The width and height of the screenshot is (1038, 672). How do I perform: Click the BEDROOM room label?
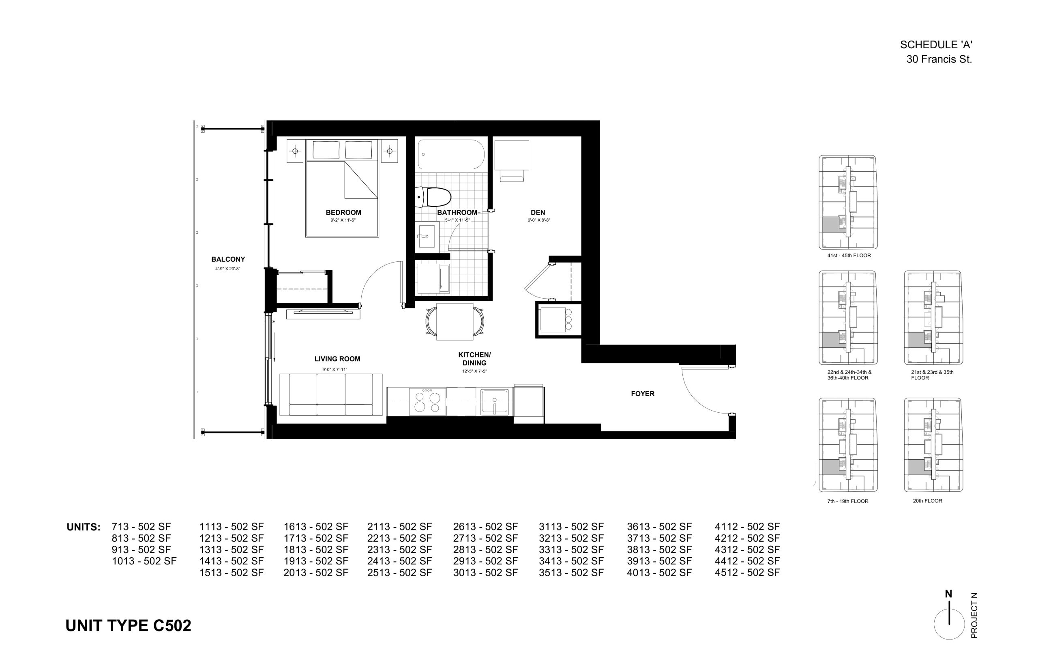pos(343,213)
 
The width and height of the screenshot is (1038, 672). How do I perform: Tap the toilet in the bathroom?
pos(432,197)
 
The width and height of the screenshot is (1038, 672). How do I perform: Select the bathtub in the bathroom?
pos(451,154)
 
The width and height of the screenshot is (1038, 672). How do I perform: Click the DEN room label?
pos(538,213)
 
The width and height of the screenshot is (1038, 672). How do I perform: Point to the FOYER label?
pos(643,394)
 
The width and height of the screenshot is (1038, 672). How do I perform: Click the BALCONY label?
pos(228,259)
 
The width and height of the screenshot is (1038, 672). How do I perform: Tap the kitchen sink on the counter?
pos(494,401)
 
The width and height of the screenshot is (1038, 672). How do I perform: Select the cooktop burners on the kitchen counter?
pos(427,401)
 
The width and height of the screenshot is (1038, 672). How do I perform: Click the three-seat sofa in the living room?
pos(331,394)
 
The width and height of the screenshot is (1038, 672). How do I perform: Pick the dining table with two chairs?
pos(455,322)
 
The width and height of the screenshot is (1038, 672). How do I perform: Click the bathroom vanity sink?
pos(427,236)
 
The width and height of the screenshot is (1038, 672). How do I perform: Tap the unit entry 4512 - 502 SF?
pos(747,573)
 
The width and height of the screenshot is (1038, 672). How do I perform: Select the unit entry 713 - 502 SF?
pos(141,527)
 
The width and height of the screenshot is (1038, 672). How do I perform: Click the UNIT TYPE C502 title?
pos(128,626)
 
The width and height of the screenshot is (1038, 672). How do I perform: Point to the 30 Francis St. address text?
pos(939,59)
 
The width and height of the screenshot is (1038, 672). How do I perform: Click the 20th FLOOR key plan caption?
pos(927,501)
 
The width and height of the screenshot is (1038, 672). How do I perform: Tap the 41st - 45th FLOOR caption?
pos(849,256)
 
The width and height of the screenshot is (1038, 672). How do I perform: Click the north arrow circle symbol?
pos(949,624)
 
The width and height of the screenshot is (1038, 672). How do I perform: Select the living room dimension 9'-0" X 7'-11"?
pos(335,370)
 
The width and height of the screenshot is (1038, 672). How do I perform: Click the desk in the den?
pos(511,155)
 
